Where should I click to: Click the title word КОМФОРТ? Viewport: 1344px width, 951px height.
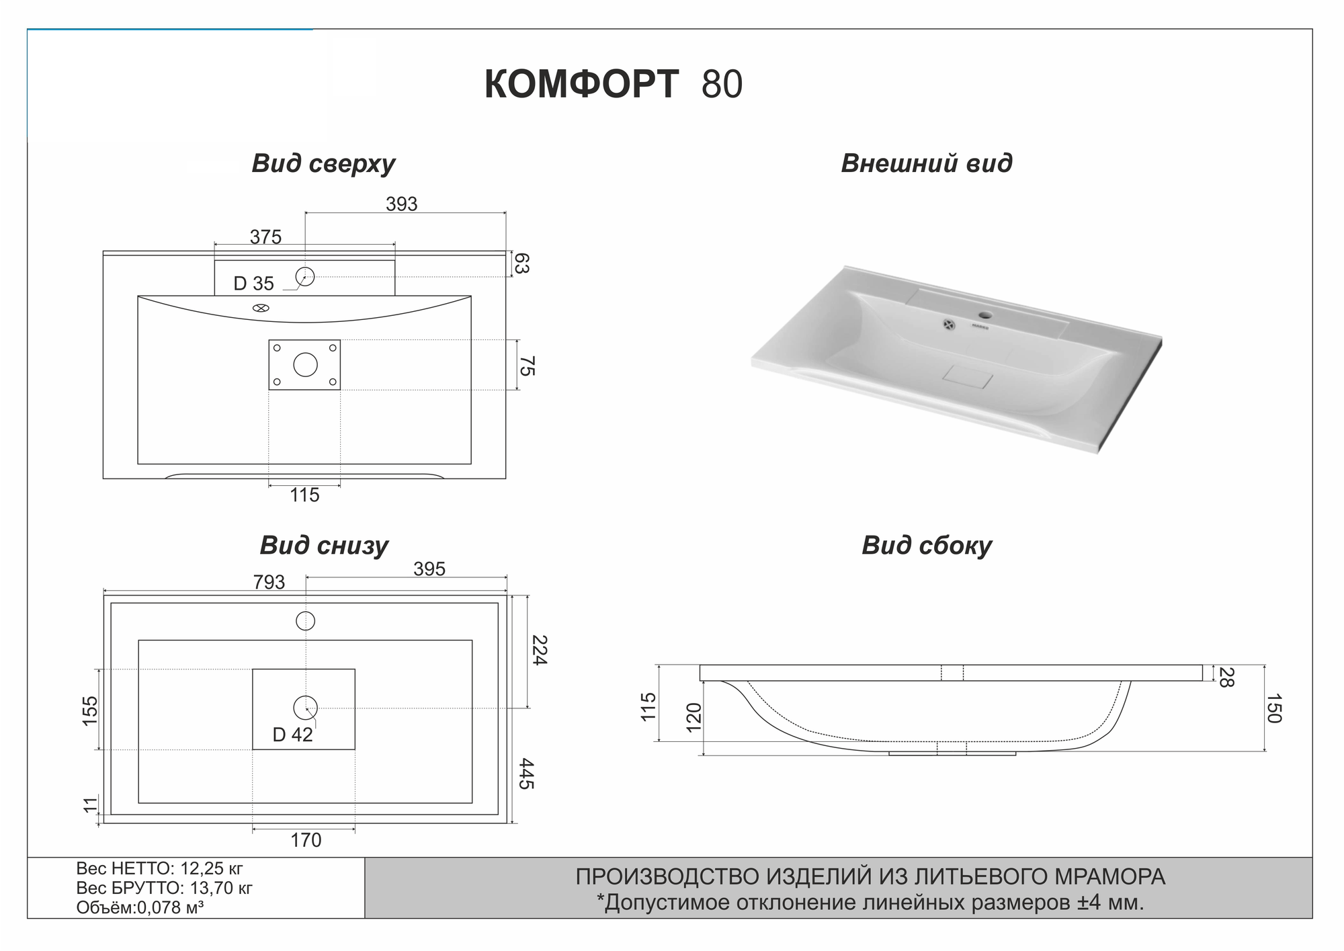pyautogui.click(x=581, y=85)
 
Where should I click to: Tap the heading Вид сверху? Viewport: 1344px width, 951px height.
pyautogui.click(x=323, y=163)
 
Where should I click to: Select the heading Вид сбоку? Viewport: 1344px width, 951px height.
pyautogui.click(x=927, y=545)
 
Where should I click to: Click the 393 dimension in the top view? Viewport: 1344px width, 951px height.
pyautogui.click(x=401, y=204)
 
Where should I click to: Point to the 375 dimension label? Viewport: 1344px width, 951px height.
pyautogui.click(x=265, y=237)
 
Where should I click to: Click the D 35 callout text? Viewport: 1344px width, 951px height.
pyautogui.click(x=253, y=284)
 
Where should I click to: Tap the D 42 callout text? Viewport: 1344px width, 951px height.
pyautogui.click(x=292, y=735)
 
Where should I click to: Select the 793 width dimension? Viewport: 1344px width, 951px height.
pyautogui.click(x=269, y=582)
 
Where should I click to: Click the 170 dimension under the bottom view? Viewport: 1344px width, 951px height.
pyautogui.click(x=305, y=840)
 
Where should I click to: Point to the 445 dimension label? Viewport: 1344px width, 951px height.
pyautogui.click(x=526, y=774)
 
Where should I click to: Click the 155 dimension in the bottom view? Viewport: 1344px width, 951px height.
pyautogui.click(x=89, y=710)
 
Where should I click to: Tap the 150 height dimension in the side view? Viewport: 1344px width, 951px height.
pyautogui.click(x=1273, y=708)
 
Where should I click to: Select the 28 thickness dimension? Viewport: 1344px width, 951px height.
pyautogui.click(x=1225, y=677)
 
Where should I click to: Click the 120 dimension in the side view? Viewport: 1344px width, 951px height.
pyautogui.click(x=694, y=716)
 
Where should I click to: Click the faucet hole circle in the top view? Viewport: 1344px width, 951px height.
pyautogui.click(x=305, y=276)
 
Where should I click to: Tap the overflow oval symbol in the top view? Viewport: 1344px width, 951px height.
pyautogui.click(x=261, y=308)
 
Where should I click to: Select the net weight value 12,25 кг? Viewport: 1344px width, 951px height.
pyautogui.click(x=212, y=868)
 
